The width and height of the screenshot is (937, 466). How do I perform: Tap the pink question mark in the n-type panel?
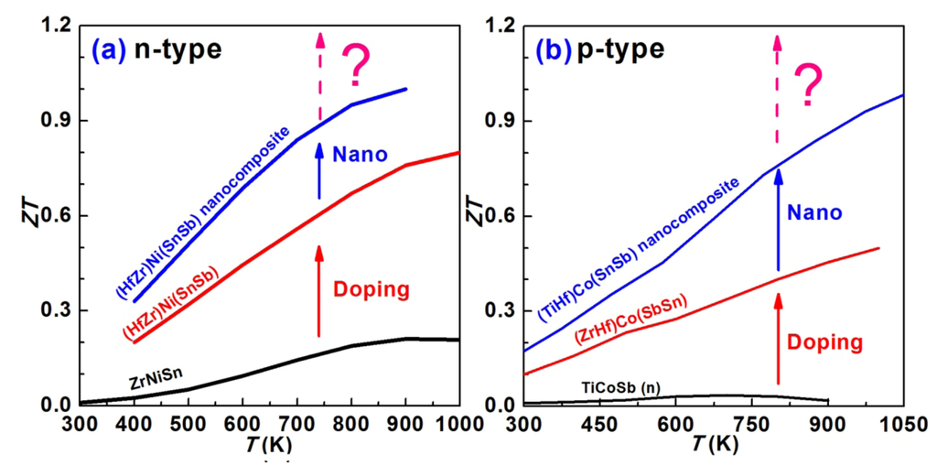coord(357,66)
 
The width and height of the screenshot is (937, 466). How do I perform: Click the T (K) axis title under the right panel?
coord(716,445)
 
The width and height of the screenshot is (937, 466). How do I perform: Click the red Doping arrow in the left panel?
coord(319,291)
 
